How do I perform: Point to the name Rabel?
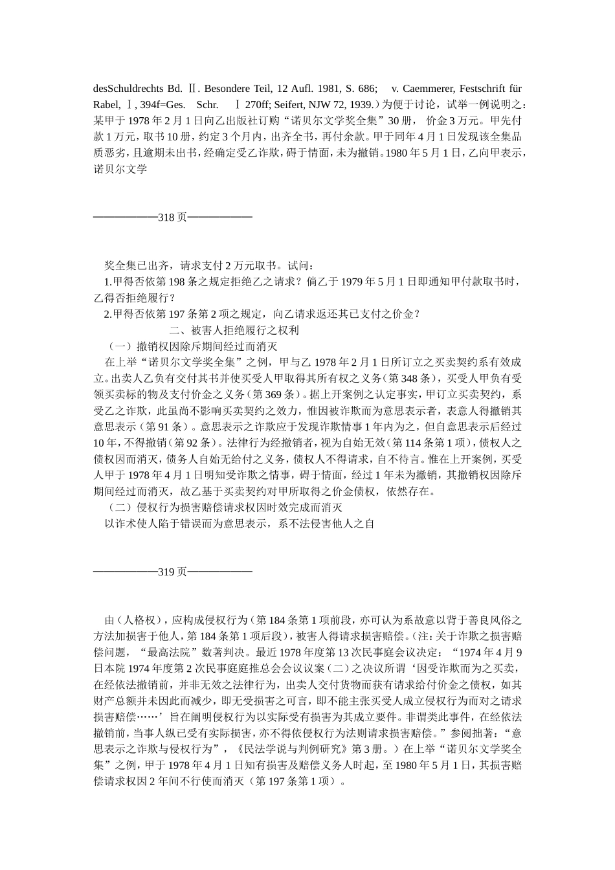106,104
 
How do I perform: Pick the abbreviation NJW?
328,104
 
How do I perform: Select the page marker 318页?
173,217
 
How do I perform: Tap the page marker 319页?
173,572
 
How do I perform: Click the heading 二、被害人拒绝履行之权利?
234,330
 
